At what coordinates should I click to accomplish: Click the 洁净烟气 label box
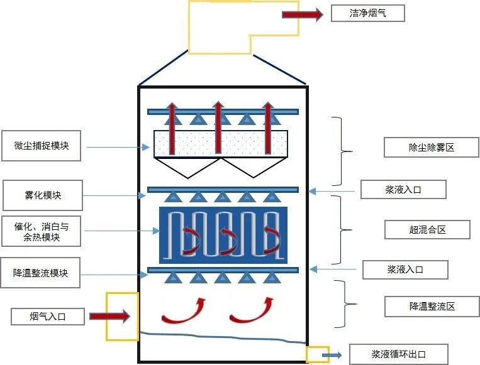(x=367, y=13)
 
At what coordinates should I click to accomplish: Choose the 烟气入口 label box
(x=48, y=316)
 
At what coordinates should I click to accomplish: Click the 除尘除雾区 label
(x=431, y=148)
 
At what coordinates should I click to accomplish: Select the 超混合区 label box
(x=427, y=229)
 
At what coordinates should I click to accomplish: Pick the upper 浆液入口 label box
(x=403, y=189)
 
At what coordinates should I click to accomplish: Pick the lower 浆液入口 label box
(x=405, y=270)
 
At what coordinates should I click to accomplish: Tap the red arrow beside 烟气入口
(x=109, y=316)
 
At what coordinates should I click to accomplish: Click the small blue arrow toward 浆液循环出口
(x=332, y=356)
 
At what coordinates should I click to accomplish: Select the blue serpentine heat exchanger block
(x=223, y=235)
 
